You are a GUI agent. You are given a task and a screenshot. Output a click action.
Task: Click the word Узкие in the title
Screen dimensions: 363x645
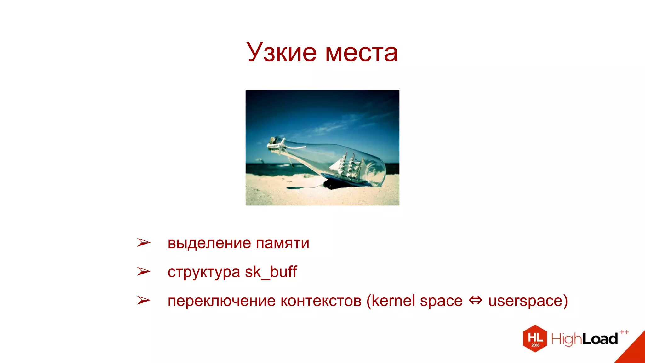(281, 52)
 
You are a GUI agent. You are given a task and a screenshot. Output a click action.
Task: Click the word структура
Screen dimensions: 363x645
(203, 272)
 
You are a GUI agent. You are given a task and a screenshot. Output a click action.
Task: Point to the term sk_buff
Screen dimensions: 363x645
(271, 272)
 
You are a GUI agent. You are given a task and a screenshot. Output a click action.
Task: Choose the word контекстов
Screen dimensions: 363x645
(321, 301)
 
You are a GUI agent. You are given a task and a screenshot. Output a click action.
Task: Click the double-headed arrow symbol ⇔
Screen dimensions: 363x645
(475, 300)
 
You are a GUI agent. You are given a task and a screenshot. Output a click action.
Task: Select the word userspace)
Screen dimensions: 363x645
(528, 301)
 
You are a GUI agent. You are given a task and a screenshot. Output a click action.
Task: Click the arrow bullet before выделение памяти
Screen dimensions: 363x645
(144, 243)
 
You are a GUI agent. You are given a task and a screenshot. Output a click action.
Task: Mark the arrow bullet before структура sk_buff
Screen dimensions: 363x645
(144, 271)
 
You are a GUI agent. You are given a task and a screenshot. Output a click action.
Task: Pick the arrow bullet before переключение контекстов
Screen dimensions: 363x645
(144, 300)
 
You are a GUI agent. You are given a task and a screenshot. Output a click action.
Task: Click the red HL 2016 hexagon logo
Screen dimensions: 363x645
(535, 338)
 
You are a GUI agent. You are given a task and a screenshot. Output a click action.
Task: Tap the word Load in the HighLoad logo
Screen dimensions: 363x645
(600, 339)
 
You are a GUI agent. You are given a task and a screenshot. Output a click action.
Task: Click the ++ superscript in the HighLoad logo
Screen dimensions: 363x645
(624, 332)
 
